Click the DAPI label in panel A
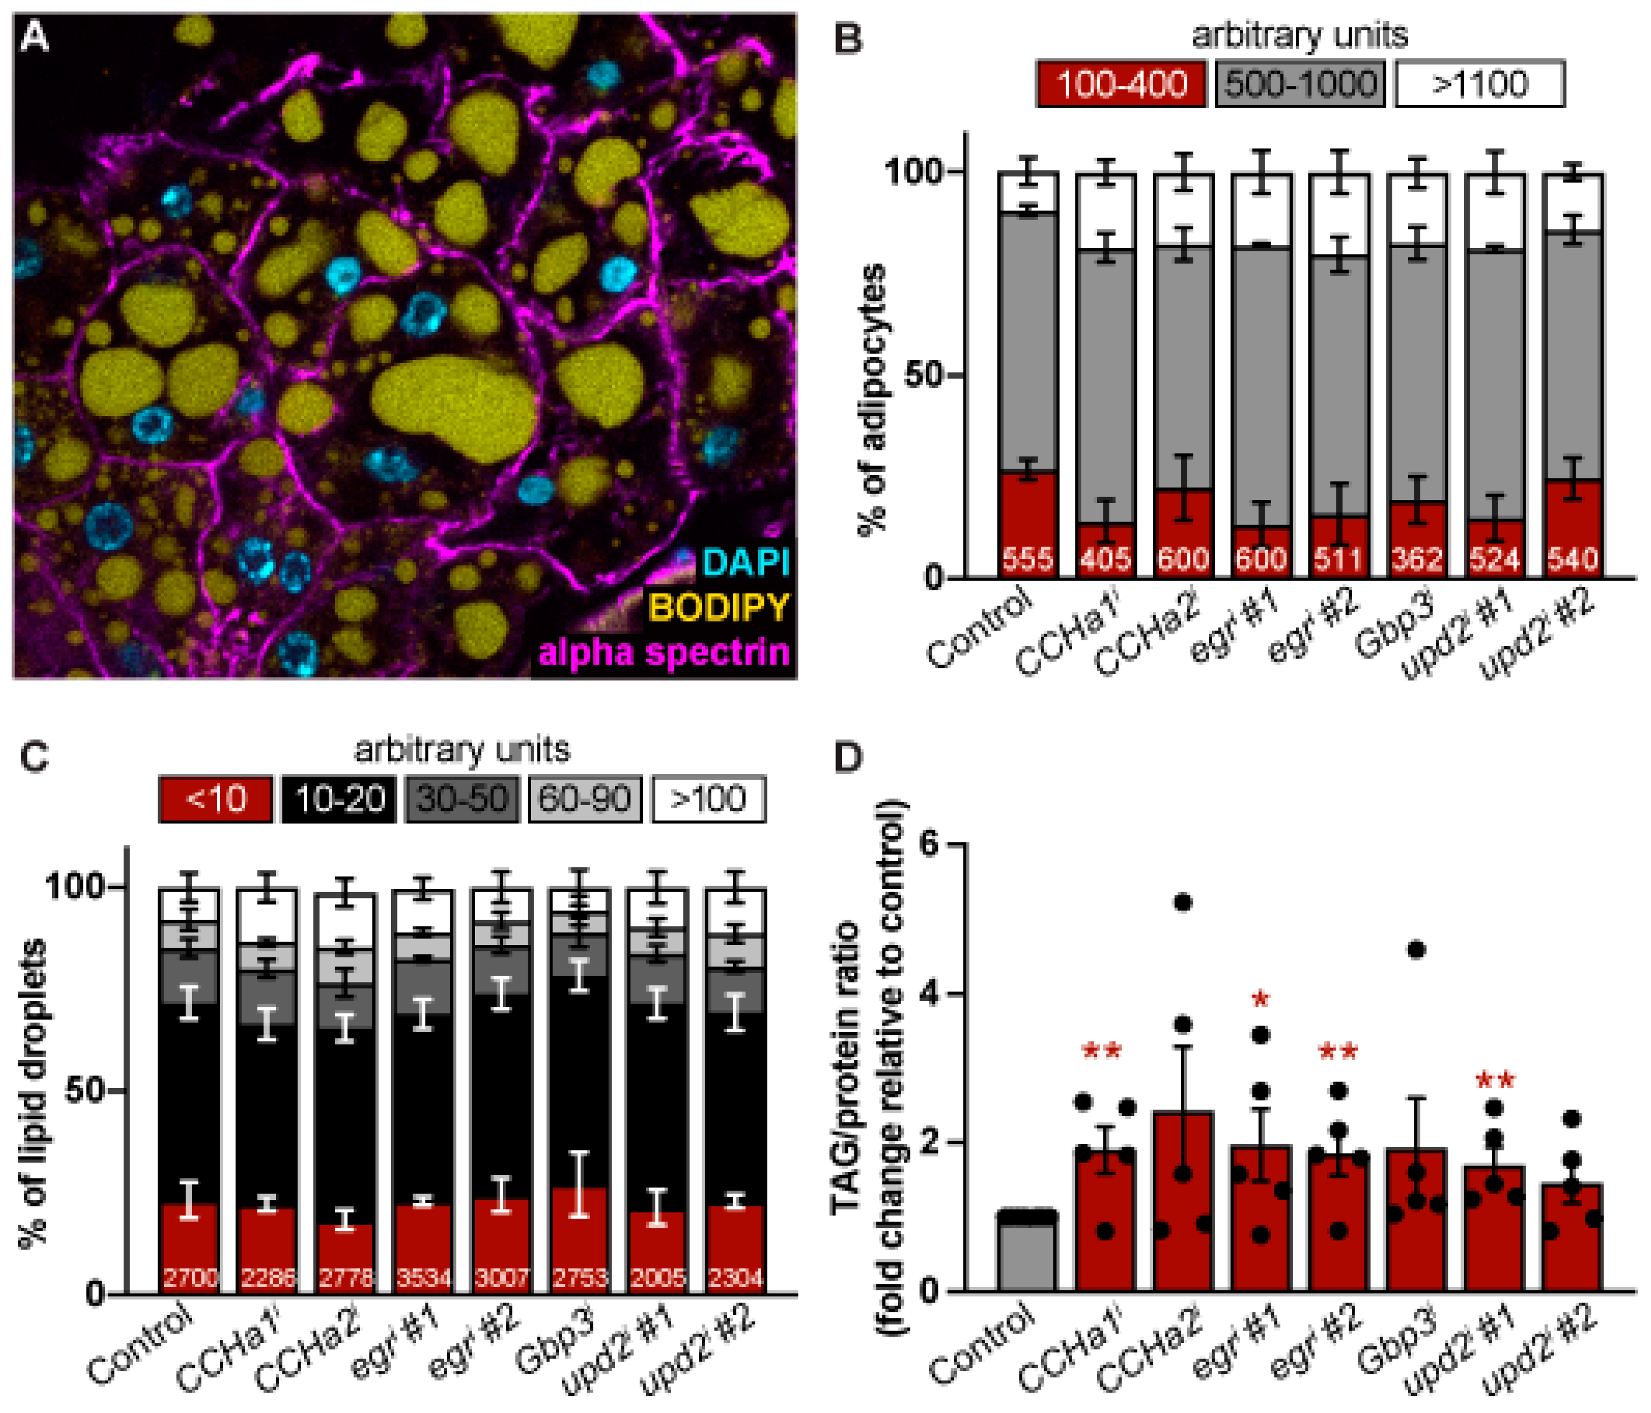point(746,563)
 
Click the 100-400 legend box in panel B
point(1121,84)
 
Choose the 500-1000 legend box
point(1300,84)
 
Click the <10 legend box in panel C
point(215,798)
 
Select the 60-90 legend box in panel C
point(585,798)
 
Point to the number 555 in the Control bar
point(1028,560)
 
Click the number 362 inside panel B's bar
point(1417,560)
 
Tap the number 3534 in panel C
point(423,1279)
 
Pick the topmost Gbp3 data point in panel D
point(1416,949)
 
